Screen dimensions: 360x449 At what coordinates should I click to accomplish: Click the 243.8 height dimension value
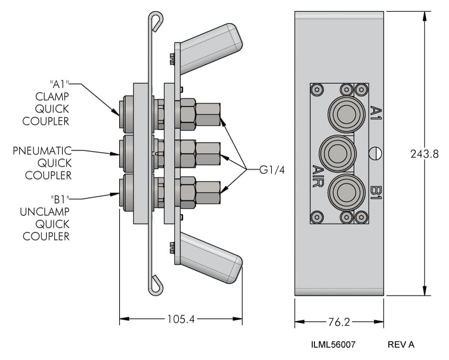click(424, 154)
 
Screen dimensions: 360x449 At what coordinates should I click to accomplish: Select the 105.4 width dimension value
click(181, 320)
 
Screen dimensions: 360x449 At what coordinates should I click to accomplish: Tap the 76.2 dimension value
click(338, 322)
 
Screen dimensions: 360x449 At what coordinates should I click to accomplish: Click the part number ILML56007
click(333, 345)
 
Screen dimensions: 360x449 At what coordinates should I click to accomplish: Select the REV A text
click(401, 345)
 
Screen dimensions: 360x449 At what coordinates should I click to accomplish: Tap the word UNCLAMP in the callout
click(45, 212)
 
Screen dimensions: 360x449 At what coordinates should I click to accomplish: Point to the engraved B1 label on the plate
click(375, 192)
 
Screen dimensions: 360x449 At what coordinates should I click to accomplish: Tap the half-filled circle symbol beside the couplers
click(375, 153)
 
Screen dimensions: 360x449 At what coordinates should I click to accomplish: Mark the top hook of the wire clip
click(156, 21)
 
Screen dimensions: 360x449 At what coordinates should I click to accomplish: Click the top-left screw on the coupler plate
click(317, 89)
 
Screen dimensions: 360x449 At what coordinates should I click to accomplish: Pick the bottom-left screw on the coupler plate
click(317, 216)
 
